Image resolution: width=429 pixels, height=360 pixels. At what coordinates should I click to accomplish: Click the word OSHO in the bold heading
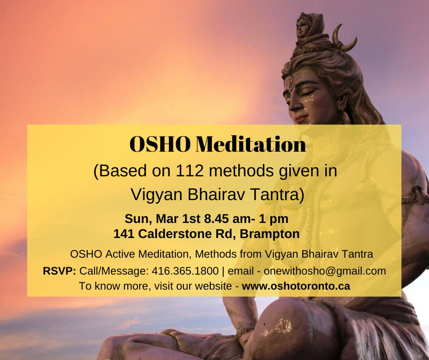(x=160, y=144)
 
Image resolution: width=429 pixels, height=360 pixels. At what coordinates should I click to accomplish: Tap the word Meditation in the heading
(x=251, y=144)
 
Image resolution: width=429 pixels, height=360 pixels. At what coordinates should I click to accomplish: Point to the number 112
(x=189, y=171)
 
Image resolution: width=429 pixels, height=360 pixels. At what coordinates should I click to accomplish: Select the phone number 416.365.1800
(x=185, y=271)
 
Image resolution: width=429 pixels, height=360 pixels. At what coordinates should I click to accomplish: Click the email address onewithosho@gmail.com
(x=325, y=271)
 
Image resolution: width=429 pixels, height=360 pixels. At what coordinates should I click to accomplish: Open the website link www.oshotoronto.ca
(x=296, y=286)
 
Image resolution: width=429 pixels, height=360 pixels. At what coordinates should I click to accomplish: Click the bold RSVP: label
(x=59, y=271)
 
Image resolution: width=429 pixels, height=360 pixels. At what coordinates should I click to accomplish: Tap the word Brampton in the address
(x=270, y=234)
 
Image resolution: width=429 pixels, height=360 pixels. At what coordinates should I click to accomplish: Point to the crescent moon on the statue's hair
(x=343, y=39)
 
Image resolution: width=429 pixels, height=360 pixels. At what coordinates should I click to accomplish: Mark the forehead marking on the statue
(x=291, y=81)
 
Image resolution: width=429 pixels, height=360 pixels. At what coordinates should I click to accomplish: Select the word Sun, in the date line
(x=138, y=219)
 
